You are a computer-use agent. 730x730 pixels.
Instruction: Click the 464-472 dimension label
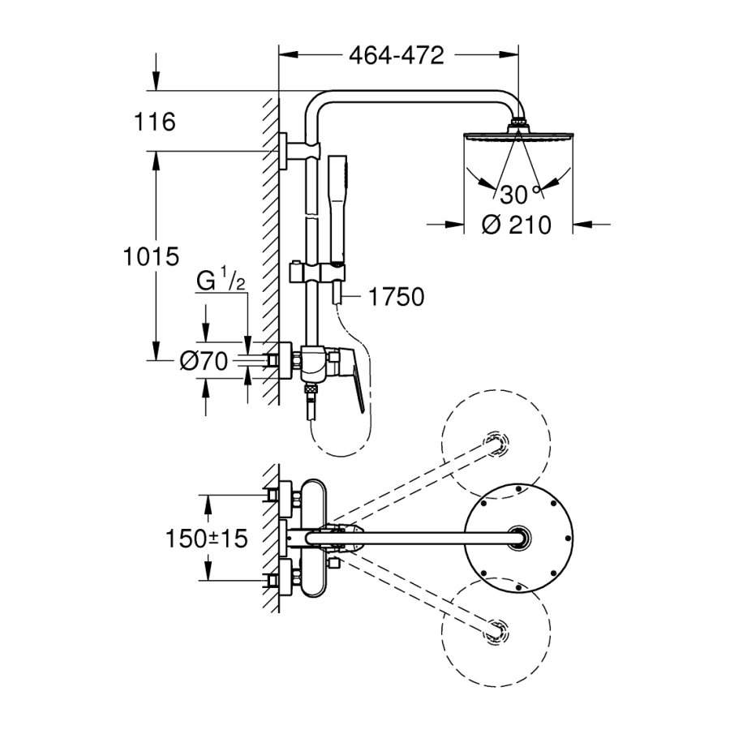click(x=397, y=55)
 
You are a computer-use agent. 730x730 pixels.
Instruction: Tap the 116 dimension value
click(x=155, y=122)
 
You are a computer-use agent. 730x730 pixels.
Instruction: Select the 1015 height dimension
click(x=151, y=256)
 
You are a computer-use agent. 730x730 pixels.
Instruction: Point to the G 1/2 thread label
click(x=221, y=280)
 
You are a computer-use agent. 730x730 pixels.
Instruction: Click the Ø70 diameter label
click(x=204, y=361)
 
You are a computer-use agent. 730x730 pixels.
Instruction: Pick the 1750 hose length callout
click(x=396, y=297)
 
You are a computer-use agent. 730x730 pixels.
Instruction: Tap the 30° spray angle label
click(x=521, y=195)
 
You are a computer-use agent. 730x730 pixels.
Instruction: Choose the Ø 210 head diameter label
click(x=517, y=225)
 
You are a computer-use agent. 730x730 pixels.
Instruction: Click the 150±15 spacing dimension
click(x=207, y=539)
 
